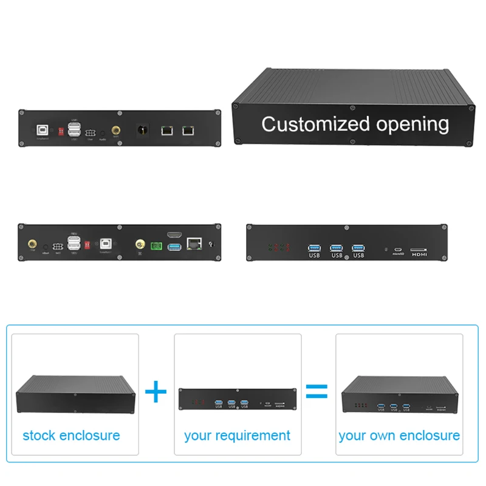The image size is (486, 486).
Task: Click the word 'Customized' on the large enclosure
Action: (x=310, y=124)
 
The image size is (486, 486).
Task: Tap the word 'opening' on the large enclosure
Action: (x=412, y=125)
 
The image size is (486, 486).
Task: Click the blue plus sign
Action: (x=156, y=391)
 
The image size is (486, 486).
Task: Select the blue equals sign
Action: (x=316, y=391)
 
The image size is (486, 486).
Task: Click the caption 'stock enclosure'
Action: (x=71, y=436)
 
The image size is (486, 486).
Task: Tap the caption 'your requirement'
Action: (x=237, y=436)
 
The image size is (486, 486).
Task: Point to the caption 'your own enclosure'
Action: (x=399, y=436)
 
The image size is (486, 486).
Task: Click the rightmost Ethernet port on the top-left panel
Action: (x=189, y=129)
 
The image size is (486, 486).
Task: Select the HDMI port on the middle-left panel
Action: (x=174, y=234)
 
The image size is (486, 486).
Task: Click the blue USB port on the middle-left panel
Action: (x=174, y=247)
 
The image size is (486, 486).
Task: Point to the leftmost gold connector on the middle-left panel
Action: (x=31, y=244)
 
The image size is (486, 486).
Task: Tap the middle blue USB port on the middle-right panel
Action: (x=337, y=247)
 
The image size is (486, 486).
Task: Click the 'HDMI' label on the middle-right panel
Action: (x=419, y=255)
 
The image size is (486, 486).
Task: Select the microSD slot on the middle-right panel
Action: (x=397, y=249)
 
